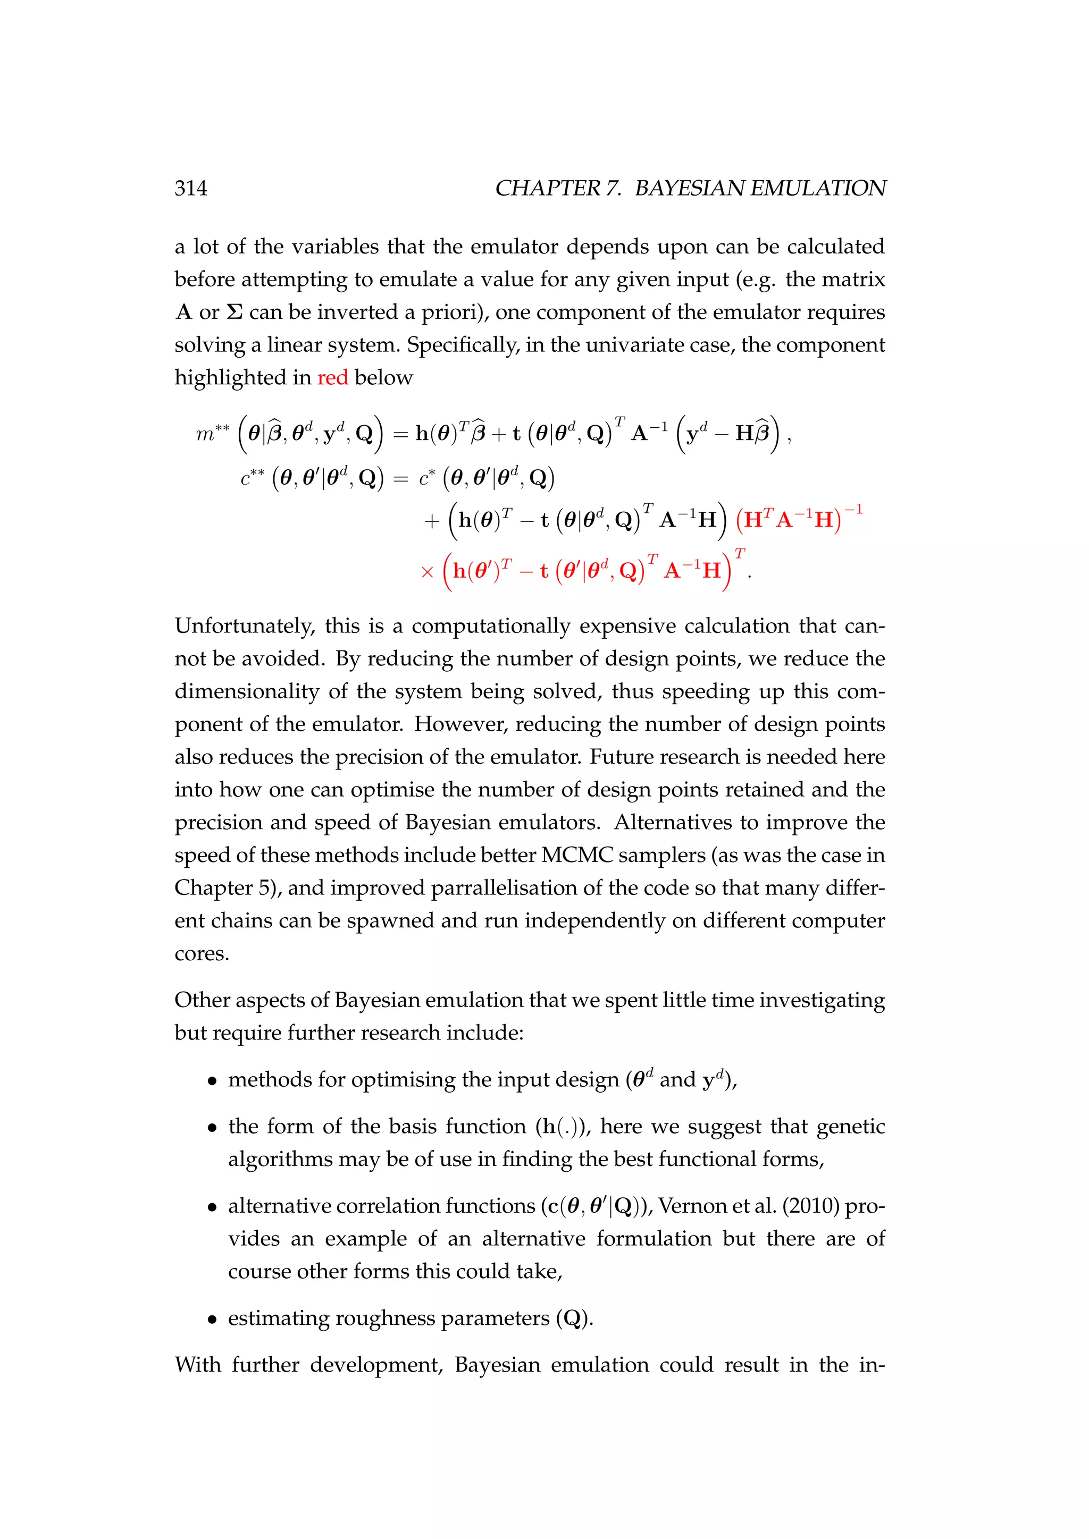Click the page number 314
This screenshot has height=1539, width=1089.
point(190,188)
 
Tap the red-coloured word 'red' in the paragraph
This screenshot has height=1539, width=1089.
point(332,377)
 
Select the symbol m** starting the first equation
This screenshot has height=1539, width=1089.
point(213,434)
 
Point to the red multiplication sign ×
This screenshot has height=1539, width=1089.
point(427,572)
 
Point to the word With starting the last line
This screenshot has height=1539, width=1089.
point(197,1365)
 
